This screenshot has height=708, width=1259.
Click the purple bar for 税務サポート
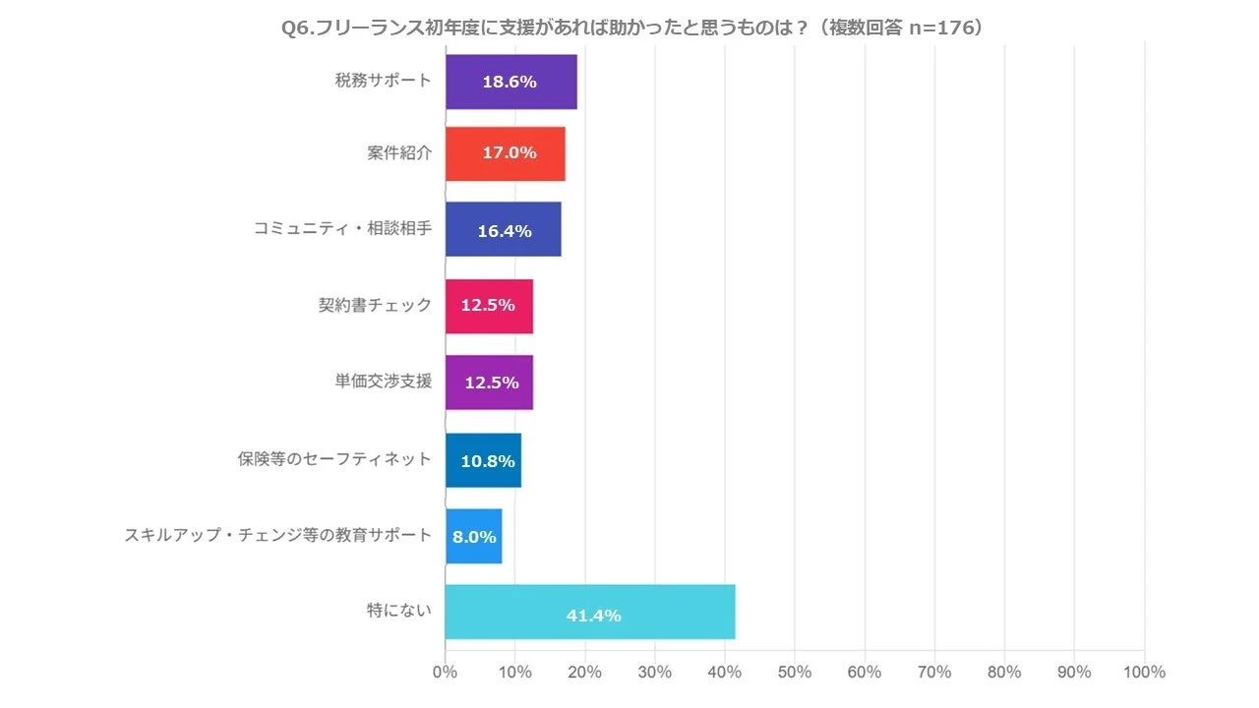click(510, 82)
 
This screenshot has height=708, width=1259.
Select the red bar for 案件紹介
click(505, 153)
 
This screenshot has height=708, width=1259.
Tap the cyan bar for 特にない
click(590, 612)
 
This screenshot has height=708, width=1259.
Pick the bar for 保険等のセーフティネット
click(483, 460)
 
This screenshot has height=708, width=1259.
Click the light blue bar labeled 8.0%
click(473, 536)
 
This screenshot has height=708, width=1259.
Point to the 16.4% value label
click(505, 231)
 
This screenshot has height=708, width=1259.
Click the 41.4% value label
click(593, 616)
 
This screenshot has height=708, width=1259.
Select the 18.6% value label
click(510, 82)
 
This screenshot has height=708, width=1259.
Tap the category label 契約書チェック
click(375, 305)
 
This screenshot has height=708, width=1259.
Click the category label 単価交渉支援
click(383, 381)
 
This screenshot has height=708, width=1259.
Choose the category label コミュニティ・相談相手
click(342, 229)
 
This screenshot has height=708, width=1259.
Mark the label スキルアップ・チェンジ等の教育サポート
click(277, 535)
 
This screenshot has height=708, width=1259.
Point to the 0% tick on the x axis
click(446, 672)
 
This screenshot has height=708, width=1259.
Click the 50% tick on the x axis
click(795, 672)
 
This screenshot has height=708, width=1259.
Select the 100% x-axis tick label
click(1143, 672)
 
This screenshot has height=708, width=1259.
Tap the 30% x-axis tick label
click(655, 672)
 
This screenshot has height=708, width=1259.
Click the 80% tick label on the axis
click(1004, 672)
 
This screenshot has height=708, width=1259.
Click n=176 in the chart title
click(939, 29)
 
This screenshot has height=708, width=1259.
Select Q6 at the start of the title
click(296, 29)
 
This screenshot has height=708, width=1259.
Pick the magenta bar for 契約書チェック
click(489, 306)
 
